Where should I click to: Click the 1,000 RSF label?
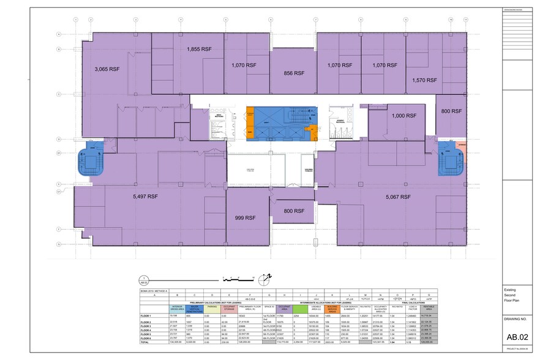tap(404, 116)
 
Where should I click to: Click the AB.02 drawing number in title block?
tap(518, 337)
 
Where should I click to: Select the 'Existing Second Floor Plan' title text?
tap(513, 295)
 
